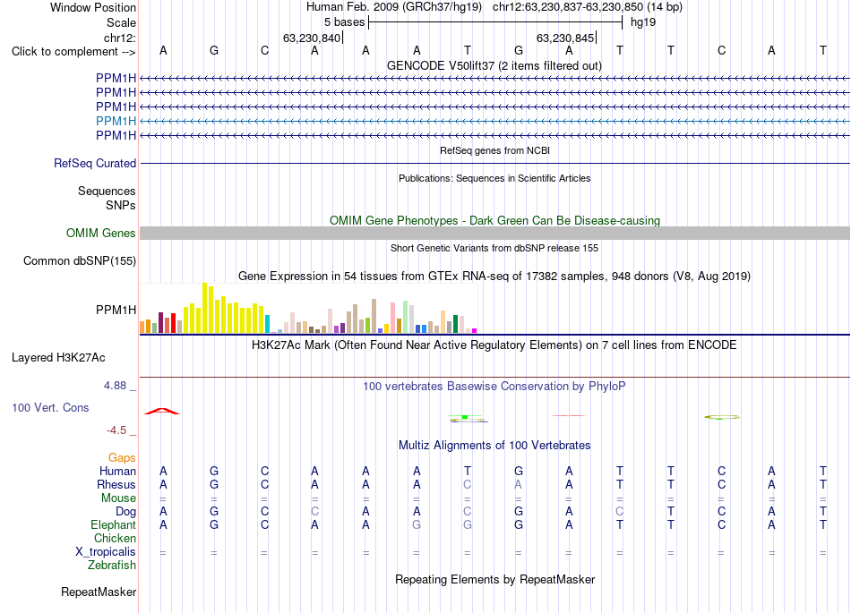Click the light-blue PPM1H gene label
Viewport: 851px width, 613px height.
point(116,121)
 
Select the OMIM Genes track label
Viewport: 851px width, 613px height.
point(101,233)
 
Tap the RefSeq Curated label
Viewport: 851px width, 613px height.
point(95,163)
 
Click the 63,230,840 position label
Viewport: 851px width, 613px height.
point(312,38)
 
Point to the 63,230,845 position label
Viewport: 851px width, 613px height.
point(565,38)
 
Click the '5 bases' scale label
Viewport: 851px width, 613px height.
point(345,22)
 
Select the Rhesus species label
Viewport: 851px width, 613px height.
point(116,484)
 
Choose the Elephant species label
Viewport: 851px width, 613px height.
point(113,524)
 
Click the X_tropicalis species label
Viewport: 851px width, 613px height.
point(106,552)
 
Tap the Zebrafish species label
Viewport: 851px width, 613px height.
point(112,566)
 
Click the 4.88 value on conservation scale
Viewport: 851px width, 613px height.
point(115,386)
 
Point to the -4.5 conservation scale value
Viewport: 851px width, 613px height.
point(116,430)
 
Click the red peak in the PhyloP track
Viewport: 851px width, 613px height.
point(162,410)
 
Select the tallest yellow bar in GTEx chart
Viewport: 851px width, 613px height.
point(205,308)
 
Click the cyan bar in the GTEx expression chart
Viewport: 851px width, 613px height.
point(267,324)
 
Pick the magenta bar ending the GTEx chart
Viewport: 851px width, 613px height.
point(475,330)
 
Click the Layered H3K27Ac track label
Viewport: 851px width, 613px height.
point(58,358)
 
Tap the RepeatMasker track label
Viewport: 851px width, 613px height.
point(99,592)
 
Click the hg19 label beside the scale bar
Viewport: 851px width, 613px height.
point(643,22)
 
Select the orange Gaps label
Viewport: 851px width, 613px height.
point(122,458)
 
